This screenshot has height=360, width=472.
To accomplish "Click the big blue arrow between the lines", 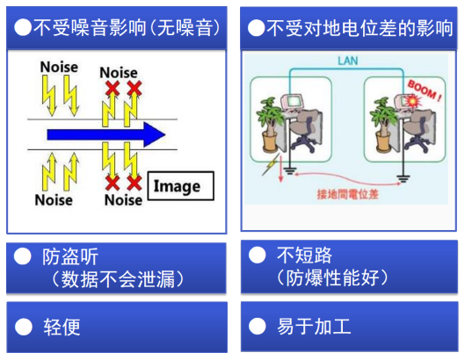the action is pos(106,134).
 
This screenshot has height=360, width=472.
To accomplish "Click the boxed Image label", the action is pos(180,186).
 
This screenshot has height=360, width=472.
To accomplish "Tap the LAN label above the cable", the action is pos(348,61).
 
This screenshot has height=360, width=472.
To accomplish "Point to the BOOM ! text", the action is pos(425,90).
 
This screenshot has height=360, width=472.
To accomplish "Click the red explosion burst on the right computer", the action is pos(411,101).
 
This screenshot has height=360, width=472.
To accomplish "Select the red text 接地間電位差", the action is pos(347,194).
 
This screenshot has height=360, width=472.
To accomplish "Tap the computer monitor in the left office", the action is pos(292,101).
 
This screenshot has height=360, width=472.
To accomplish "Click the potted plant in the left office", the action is pos(270,124).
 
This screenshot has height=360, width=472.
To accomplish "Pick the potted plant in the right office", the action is pos(383,124).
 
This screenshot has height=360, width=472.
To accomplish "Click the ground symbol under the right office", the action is pos(403,178).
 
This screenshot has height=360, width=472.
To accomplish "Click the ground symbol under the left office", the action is pos(289,171).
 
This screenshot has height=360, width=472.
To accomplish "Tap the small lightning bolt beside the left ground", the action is pos(272,164).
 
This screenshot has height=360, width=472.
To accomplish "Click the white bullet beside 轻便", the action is pos(24,327).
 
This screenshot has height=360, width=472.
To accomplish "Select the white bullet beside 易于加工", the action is pos(258,326).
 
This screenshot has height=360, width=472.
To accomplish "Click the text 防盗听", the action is pos(70,256).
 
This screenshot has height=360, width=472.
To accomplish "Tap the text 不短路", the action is pos(304,255).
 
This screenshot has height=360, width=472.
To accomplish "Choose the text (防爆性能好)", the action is pos(332,277).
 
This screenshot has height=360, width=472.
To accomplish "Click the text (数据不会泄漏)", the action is pos(118,279).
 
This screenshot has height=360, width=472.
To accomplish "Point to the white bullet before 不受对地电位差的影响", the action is pos(256,28).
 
